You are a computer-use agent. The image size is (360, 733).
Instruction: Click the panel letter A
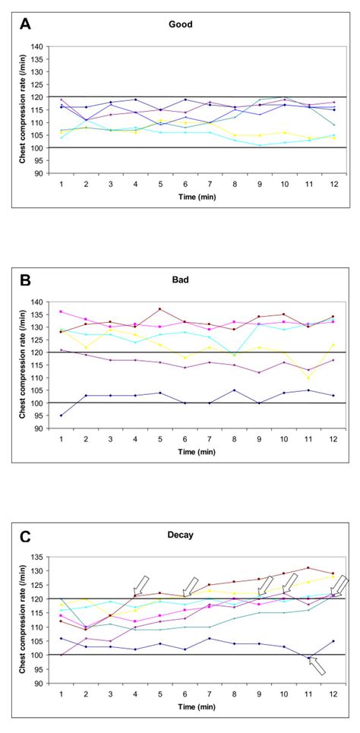tap(25, 24)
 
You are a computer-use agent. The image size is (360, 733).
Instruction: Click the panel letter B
tap(25, 280)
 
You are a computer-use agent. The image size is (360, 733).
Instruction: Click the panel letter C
tap(25, 536)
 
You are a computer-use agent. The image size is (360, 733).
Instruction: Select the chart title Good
tap(180, 24)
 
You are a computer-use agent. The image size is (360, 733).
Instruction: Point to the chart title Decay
tap(180, 535)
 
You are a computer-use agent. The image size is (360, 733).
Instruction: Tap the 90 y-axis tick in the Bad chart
tap(36, 428)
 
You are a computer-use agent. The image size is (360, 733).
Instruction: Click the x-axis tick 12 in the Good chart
tap(333, 184)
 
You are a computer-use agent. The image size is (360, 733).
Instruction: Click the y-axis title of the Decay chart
tap(14, 619)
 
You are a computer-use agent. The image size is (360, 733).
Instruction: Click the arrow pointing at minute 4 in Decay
tap(141, 586)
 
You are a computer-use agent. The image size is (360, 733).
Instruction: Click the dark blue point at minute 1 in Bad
tap(61, 415)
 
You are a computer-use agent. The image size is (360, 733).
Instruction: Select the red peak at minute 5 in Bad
tap(160, 309)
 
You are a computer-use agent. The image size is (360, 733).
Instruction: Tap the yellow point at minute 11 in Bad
tap(308, 378)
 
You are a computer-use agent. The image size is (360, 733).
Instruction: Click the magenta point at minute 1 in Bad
tap(61, 311)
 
